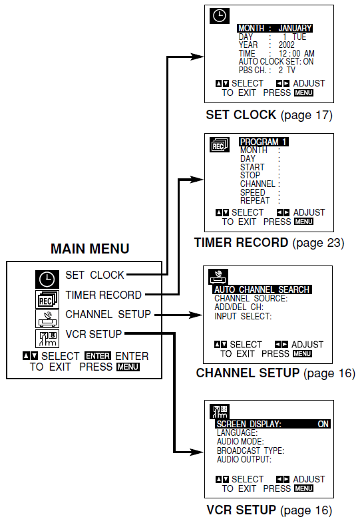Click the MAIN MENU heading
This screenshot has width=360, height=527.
(90, 250)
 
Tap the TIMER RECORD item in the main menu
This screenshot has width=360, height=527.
(103, 295)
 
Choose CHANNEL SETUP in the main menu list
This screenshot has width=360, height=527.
(108, 314)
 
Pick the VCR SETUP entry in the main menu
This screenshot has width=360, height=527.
(93, 333)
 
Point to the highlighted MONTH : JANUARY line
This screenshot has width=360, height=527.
(274, 29)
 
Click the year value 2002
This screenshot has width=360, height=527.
(287, 45)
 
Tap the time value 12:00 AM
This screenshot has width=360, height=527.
(296, 53)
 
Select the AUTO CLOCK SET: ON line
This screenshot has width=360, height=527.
(275, 61)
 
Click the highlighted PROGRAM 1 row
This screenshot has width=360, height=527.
(264, 142)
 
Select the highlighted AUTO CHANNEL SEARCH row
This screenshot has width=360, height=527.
(262, 290)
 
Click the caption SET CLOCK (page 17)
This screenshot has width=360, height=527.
(269, 115)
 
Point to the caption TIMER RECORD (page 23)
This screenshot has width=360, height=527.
(269, 243)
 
